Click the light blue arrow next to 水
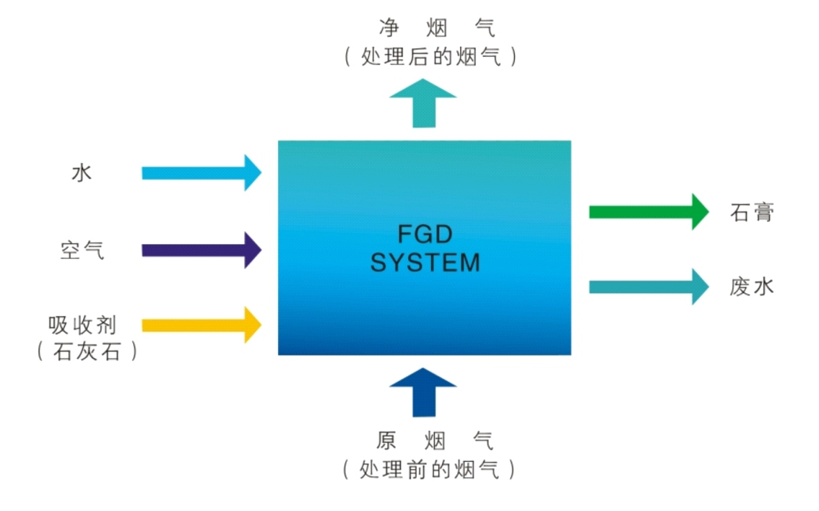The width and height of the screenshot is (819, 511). tap(201, 173)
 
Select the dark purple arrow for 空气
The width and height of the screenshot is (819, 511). tap(201, 250)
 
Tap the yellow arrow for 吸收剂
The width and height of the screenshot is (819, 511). tap(201, 324)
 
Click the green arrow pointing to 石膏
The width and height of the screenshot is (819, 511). tap(648, 212)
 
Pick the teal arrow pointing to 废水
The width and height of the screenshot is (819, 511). tap(648, 286)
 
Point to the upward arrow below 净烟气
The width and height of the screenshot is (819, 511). tap(424, 104)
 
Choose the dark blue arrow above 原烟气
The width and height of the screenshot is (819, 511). tap(424, 392)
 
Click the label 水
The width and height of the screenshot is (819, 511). tap(82, 173)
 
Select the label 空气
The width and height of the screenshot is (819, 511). tap(82, 250)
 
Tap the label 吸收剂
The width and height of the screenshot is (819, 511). tap(82, 325)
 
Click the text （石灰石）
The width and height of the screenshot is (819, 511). tap(87, 351)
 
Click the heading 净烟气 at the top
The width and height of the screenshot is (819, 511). tap(436, 29)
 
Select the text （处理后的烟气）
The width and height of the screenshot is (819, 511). tap(432, 57)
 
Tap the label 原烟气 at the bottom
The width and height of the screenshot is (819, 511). tap(435, 440)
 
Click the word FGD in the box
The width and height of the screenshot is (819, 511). tap(425, 235)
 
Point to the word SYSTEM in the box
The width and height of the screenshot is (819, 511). tap(425, 262)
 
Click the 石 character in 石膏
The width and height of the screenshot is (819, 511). tap(740, 212)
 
